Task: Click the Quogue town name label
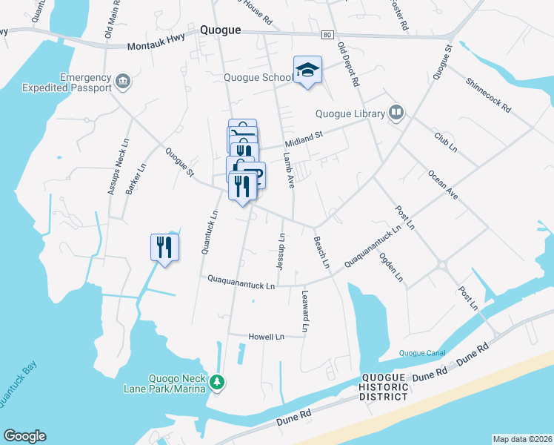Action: click(220, 30)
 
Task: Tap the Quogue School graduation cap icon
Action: click(307, 71)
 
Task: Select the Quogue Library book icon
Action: click(396, 113)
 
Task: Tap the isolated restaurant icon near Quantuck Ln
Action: click(164, 248)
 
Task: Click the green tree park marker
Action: click(217, 383)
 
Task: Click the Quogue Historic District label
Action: click(383, 387)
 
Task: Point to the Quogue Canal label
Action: click(421, 352)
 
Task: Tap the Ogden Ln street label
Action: click(391, 268)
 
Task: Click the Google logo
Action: click(24, 436)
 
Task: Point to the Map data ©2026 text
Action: click(522, 439)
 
